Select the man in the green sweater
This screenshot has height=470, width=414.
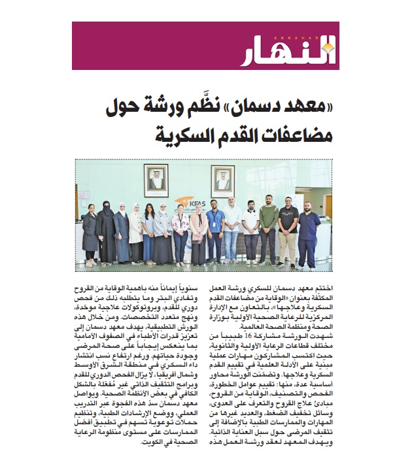[268, 226]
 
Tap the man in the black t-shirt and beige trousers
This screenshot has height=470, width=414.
[288, 229]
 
